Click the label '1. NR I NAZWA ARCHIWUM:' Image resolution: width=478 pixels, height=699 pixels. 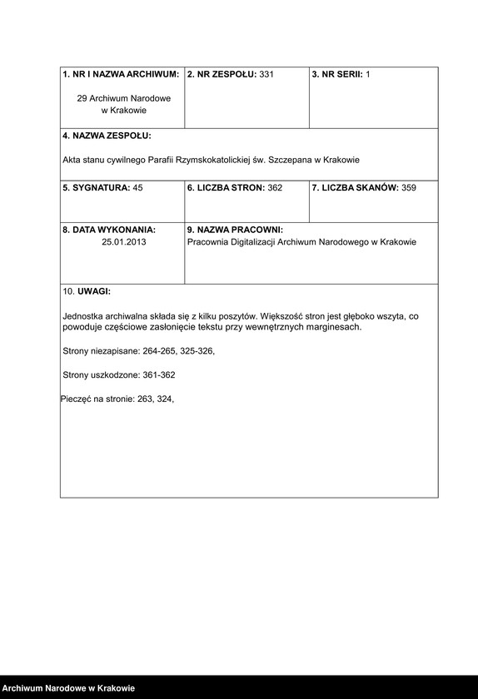click(x=121, y=75)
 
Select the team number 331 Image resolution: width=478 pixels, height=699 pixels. click(x=266, y=75)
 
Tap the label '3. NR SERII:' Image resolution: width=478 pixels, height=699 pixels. click(x=337, y=75)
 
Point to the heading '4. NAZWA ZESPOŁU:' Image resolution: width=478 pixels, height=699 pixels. click(x=107, y=136)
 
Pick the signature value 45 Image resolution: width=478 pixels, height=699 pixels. click(x=137, y=188)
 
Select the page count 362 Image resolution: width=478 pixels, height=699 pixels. click(x=274, y=188)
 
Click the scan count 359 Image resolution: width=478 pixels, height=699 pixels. click(x=408, y=188)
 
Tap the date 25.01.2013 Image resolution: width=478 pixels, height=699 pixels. click(x=122, y=242)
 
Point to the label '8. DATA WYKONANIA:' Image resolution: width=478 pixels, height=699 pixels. click(x=109, y=230)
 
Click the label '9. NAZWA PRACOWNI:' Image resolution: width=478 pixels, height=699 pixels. click(x=235, y=230)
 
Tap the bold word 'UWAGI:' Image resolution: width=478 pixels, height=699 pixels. click(x=93, y=292)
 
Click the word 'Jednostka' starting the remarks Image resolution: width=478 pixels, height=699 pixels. click(x=83, y=317)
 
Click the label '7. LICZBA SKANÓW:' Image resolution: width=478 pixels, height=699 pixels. click(x=355, y=188)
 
